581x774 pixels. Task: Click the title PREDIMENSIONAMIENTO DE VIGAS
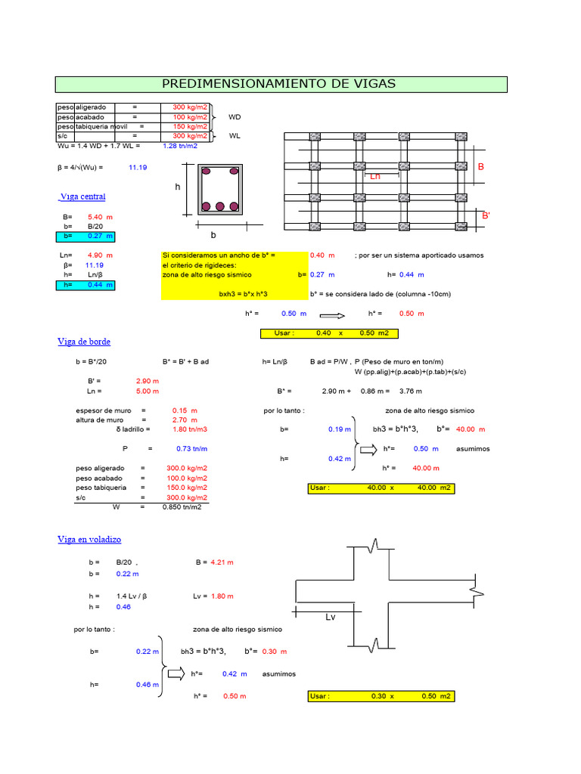[279, 84]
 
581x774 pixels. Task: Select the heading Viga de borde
[83, 342]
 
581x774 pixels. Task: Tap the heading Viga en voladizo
[89, 539]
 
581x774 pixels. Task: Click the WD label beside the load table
[235, 117]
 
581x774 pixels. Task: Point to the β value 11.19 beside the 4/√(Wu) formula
[138, 167]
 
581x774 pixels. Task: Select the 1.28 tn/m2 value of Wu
[180, 145]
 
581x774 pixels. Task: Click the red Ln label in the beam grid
[375, 176]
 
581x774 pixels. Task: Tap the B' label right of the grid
[486, 217]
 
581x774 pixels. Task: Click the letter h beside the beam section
[178, 187]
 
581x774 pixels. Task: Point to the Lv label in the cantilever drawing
[330, 618]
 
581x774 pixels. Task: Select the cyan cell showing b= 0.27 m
[85, 237]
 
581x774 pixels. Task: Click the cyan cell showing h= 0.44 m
[85, 285]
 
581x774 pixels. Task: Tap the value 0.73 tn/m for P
[192, 449]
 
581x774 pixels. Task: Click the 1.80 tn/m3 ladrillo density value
[191, 429]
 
